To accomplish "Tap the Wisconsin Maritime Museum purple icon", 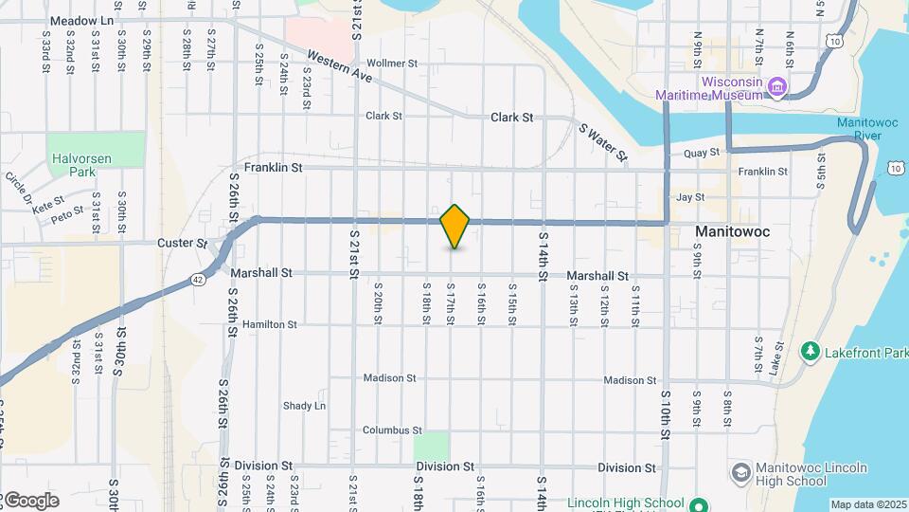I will (777, 88).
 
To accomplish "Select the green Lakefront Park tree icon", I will (810, 352).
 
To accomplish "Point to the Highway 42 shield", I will (196, 279).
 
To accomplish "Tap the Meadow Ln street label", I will (81, 20).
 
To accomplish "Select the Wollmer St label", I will (391, 64).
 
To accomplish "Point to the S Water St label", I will (603, 142).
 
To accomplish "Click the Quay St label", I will (702, 153).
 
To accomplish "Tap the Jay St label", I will (690, 197).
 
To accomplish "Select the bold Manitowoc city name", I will (733, 231).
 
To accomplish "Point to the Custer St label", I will (182, 243).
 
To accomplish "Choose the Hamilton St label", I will (270, 324).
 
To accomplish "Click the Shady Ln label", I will (304, 406).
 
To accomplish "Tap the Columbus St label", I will (391, 430).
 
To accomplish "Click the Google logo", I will (30, 500).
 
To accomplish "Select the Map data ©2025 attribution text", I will (868, 504).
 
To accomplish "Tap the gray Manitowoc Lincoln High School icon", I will (741, 472).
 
